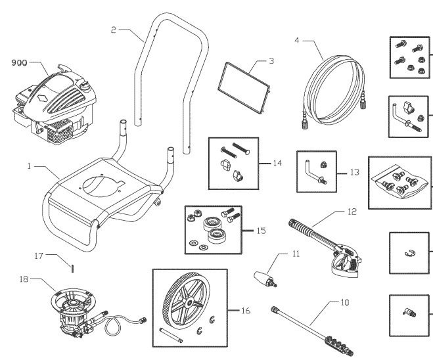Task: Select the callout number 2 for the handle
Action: (x=114, y=30)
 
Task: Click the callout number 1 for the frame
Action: (x=30, y=167)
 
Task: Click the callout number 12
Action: (x=353, y=212)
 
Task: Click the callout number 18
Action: (x=25, y=279)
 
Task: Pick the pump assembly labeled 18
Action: (x=79, y=311)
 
